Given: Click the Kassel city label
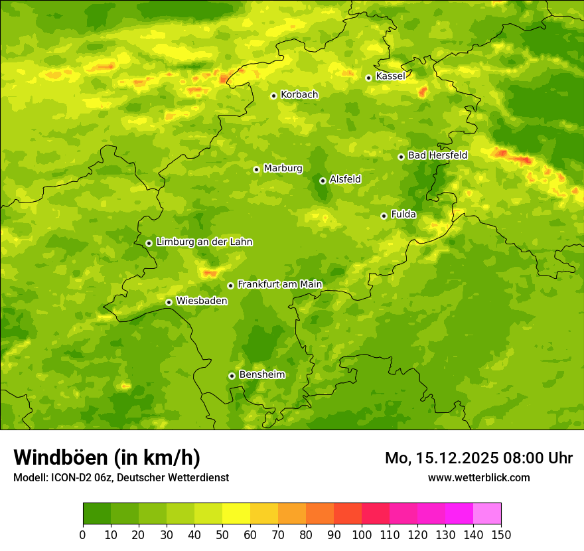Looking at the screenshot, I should click(x=390, y=76).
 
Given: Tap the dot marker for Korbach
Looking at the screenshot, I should click(x=273, y=96).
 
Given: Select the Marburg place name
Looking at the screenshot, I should click(x=283, y=168).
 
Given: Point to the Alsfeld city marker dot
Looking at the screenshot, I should click(x=323, y=181).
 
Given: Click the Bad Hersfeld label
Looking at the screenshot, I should click(x=437, y=155).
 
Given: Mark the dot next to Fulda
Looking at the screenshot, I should click(x=384, y=216).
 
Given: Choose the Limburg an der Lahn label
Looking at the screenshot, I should click(x=204, y=242).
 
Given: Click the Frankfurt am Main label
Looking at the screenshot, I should click(x=279, y=284).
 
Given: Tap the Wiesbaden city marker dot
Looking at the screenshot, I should click(x=169, y=302).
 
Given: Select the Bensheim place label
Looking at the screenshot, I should click(x=261, y=374).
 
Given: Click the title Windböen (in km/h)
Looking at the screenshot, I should click(x=107, y=457).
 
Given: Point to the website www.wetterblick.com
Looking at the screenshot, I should click(x=478, y=477).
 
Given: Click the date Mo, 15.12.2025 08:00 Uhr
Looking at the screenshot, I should click(x=478, y=458).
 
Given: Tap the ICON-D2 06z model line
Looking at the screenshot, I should click(x=121, y=477).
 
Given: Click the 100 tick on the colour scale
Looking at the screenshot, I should click(x=362, y=534).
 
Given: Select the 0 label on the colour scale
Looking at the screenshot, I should click(x=83, y=534).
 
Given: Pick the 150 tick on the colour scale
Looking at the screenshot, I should click(x=501, y=534).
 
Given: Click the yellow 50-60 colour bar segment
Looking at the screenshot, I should click(x=236, y=514).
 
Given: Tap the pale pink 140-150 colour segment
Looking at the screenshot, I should click(x=487, y=514).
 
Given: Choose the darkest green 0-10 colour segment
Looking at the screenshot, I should click(x=97, y=514).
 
